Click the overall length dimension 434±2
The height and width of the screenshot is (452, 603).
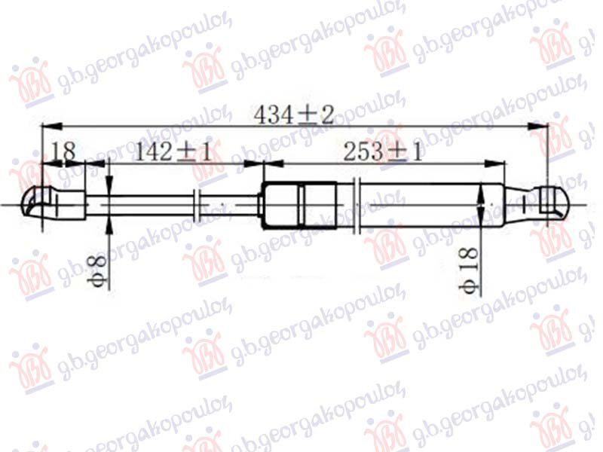[294, 115]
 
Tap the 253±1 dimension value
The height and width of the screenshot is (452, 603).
[382, 151]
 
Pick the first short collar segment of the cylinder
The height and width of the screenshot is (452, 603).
[280, 204]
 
